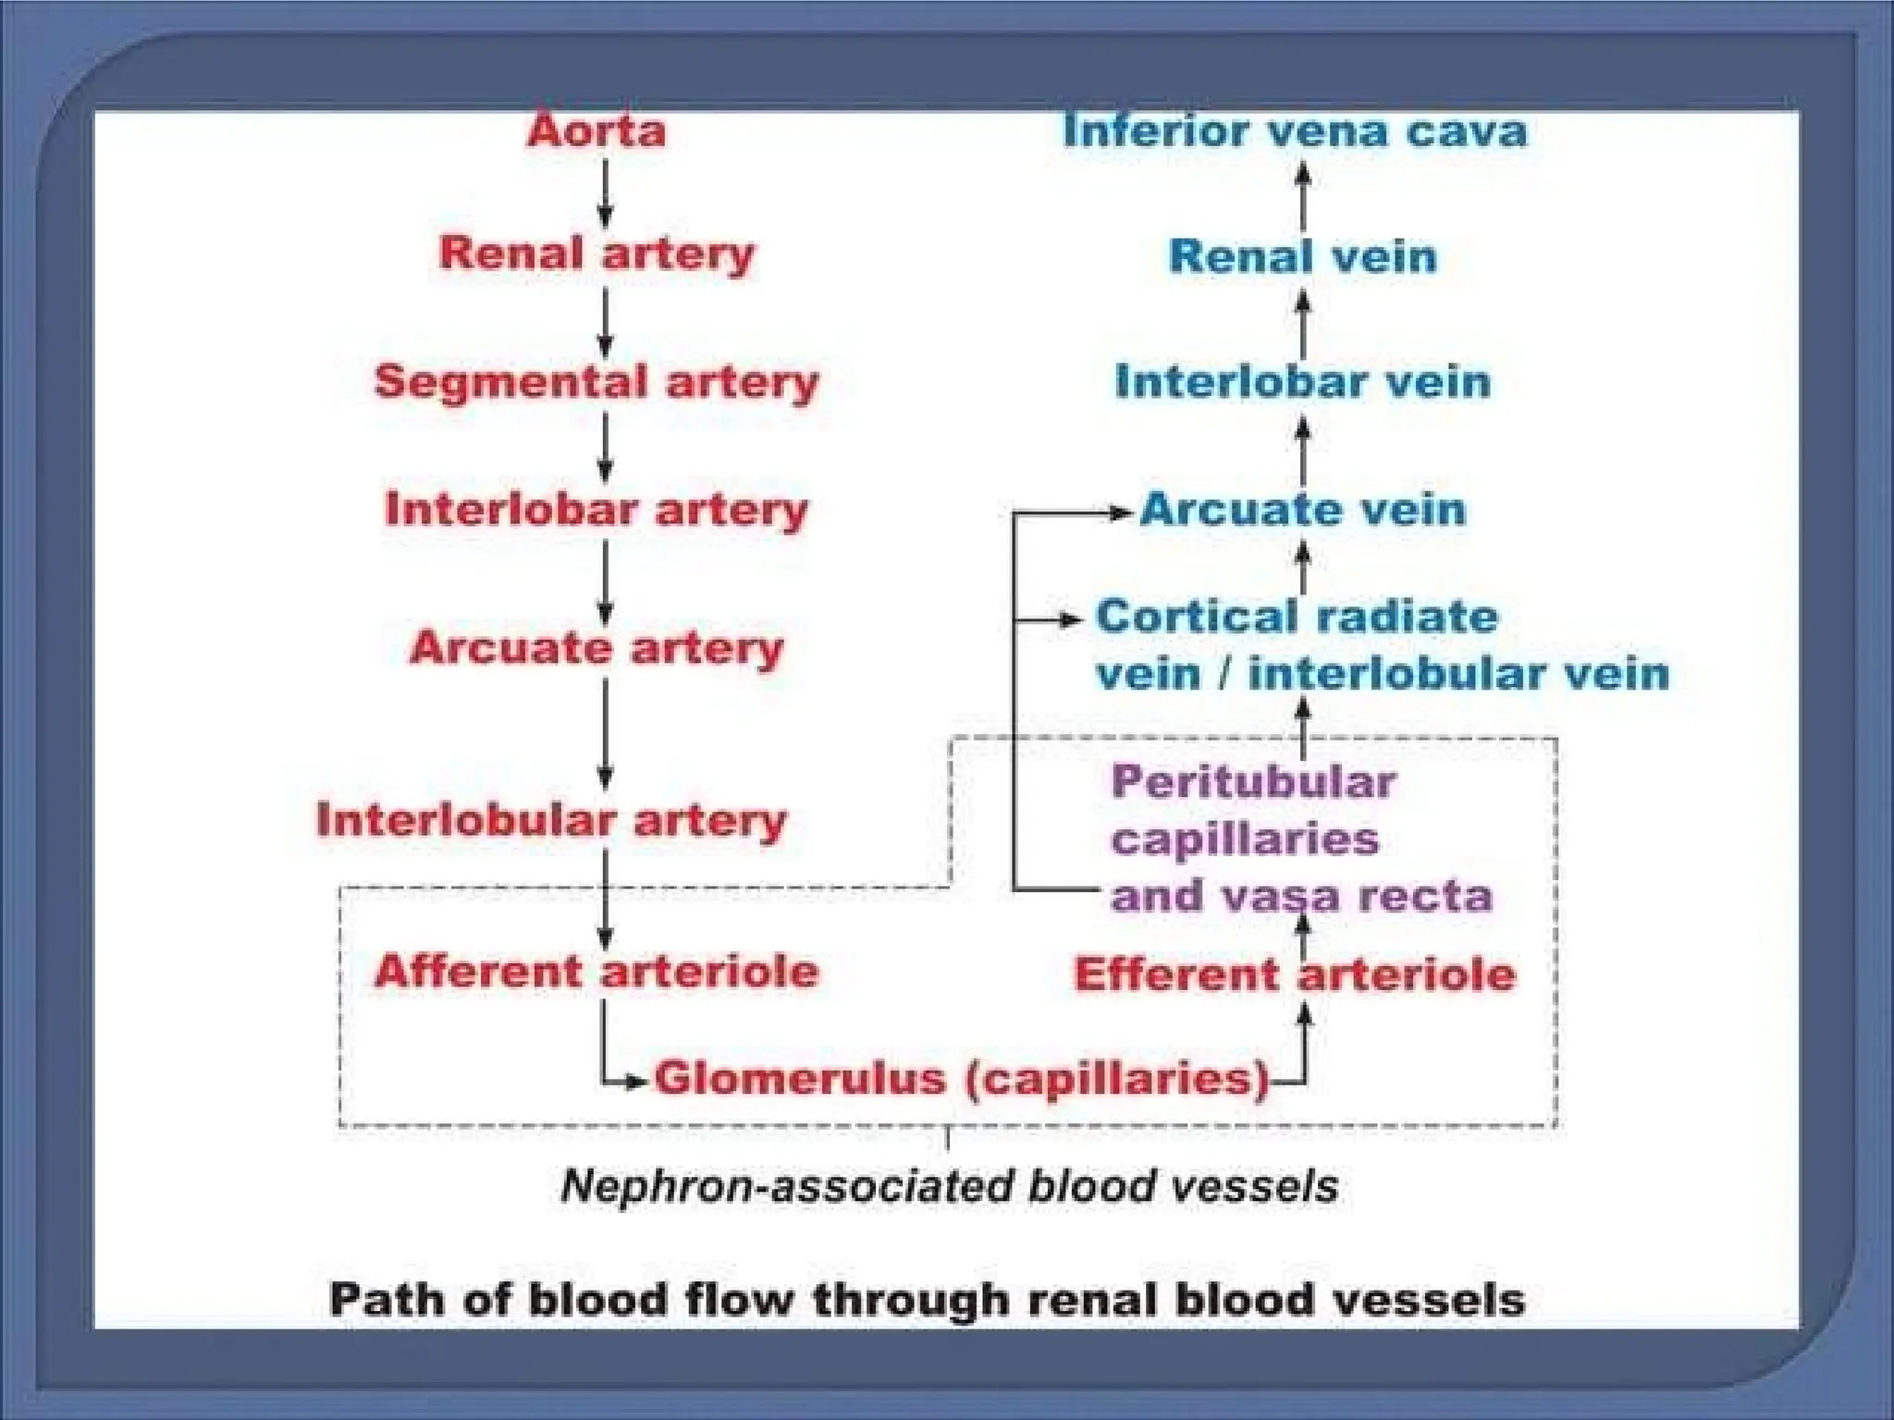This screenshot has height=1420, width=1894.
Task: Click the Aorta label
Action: click(x=596, y=130)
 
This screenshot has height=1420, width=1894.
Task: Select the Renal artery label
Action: click(x=596, y=253)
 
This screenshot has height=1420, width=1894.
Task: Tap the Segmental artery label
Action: click(x=596, y=381)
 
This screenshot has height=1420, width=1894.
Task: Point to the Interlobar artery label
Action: click(x=596, y=508)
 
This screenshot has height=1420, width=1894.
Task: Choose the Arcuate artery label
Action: click(x=596, y=646)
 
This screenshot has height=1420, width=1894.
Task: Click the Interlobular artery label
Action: click(x=551, y=819)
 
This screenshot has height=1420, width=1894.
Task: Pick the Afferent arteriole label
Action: click(x=596, y=971)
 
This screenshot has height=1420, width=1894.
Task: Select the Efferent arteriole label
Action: click(x=1295, y=974)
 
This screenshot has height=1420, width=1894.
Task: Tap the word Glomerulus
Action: click(x=801, y=1078)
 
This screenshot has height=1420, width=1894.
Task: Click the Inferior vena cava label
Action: click(x=1295, y=130)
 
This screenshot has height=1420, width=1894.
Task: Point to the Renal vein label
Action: click(x=1302, y=256)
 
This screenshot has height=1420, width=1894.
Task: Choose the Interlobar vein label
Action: click(x=1302, y=381)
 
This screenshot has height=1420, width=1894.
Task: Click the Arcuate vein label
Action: click(x=1302, y=508)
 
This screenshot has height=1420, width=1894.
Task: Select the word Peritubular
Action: click(x=1253, y=782)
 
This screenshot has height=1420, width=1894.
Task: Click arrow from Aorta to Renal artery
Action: click(x=605, y=193)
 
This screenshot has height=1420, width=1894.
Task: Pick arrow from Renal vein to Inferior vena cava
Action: click(x=1303, y=196)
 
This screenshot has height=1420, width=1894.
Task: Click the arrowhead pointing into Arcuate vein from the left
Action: click(x=1121, y=511)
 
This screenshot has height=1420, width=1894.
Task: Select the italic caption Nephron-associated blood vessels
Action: click(x=949, y=1186)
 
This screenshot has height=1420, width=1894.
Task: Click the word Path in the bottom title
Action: click(x=387, y=1299)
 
